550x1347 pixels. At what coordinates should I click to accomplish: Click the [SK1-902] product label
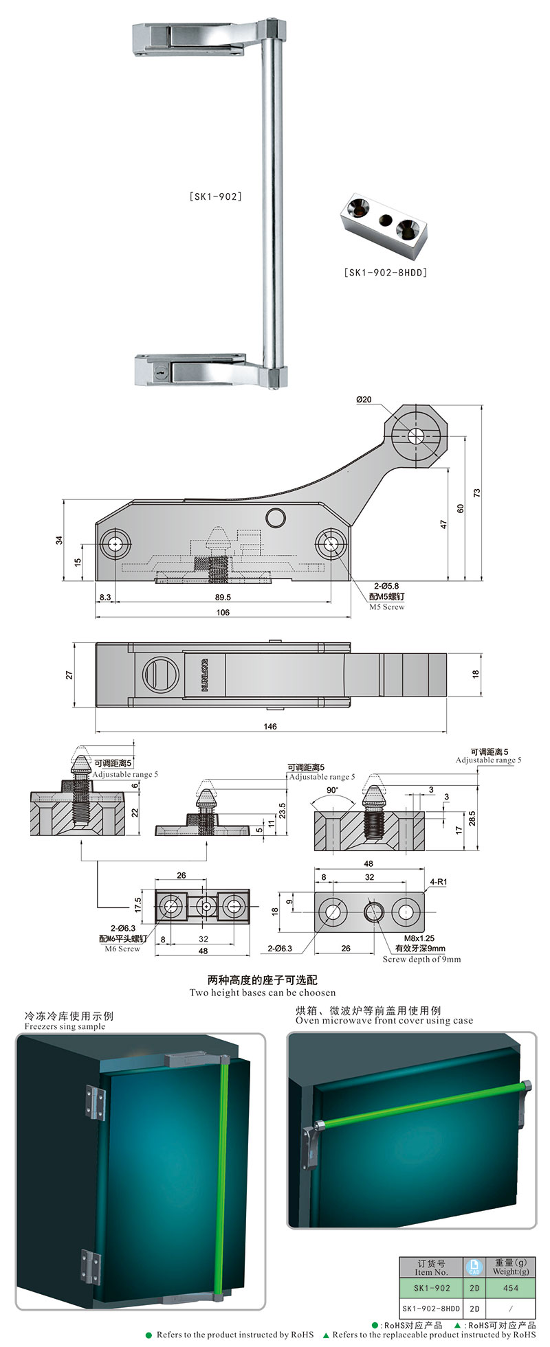(x=215, y=196)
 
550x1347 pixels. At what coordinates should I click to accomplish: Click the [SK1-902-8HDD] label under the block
(x=385, y=273)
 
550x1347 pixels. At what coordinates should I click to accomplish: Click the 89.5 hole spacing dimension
(x=223, y=597)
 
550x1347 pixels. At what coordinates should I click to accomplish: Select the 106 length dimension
(x=223, y=612)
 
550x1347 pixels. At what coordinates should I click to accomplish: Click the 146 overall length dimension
(x=270, y=726)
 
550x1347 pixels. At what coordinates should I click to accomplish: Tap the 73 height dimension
(x=476, y=493)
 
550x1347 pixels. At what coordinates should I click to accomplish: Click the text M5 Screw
(x=387, y=607)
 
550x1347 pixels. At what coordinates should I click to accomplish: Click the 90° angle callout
(x=333, y=790)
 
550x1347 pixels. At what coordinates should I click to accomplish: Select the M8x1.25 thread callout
(x=419, y=938)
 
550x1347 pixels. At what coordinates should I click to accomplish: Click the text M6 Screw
(x=122, y=949)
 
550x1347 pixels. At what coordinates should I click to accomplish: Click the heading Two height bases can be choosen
(x=263, y=993)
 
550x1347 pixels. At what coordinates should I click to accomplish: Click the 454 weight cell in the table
(x=511, y=1288)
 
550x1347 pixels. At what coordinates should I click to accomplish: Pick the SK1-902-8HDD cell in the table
(x=431, y=1309)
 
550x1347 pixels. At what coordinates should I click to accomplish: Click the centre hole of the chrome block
(x=386, y=220)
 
